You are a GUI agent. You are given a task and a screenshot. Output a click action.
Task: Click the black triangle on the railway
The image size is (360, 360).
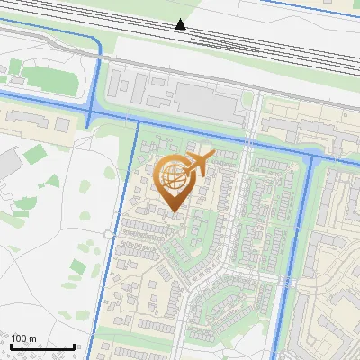click(x=181, y=24)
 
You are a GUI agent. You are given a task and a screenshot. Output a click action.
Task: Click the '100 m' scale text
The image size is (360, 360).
click(x=23, y=338)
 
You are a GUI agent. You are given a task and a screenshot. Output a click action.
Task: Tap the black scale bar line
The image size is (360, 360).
click(x=43, y=346)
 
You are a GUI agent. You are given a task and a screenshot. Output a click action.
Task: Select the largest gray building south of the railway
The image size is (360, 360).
click(x=208, y=100)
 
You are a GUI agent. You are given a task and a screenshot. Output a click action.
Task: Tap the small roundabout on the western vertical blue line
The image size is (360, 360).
click(x=110, y=233)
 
